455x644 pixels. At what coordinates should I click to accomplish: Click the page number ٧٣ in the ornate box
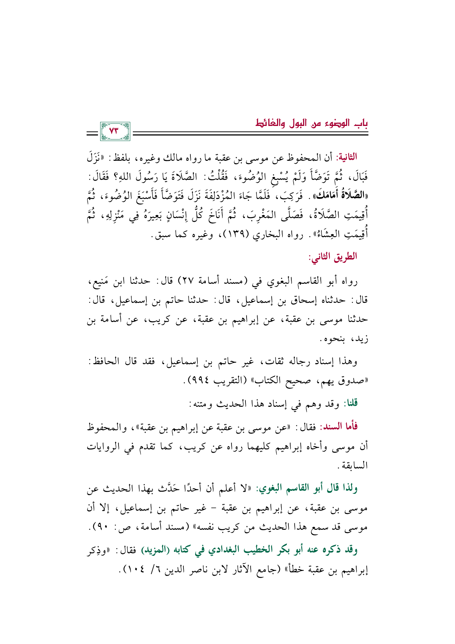pos(114,131)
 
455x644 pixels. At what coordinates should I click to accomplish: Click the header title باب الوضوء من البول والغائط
pos(312,123)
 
